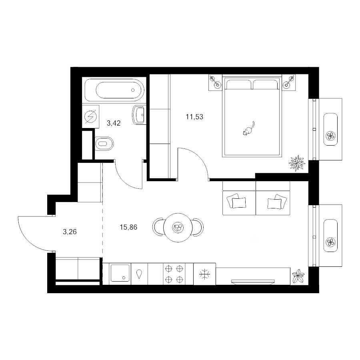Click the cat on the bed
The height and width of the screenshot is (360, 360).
pyautogui.click(x=248, y=129)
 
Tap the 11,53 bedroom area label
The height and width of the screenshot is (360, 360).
pyautogui.click(x=194, y=117)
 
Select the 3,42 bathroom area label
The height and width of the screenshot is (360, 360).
pyautogui.click(x=114, y=123)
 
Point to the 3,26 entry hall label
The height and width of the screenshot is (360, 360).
pyautogui.click(x=70, y=232)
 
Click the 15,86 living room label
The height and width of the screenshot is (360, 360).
pyautogui.click(x=128, y=227)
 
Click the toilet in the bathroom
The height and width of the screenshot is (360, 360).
pyautogui.click(x=104, y=144)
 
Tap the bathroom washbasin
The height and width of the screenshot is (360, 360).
pyautogui.click(x=138, y=115)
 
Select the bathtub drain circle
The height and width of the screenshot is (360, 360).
pyautogui.click(x=133, y=90)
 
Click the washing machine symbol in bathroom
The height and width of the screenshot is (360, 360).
pyautogui.click(x=90, y=116)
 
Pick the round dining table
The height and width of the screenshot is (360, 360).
pyautogui.click(x=178, y=228)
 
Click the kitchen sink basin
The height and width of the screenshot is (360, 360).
pyautogui.click(x=120, y=273)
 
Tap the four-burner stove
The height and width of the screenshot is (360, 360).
pyautogui.click(x=174, y=274)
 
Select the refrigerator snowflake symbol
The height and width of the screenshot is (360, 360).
pyautogui.click(x=204, y=274)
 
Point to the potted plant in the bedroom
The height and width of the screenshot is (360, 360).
pyautogui.click(x=297, y=163)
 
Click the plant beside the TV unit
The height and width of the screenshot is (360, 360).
pyautogui.click(x=298, y=276)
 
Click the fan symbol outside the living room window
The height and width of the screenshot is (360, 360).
pyautogui.click(x=331, y=242)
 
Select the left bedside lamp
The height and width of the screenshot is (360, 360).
pyautogui.click(x=215, y=82)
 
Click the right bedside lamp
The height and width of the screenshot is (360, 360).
pyautogui.click(x=288, y=82)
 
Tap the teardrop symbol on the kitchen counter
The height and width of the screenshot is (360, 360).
pyautogui.click(x=139, y=274)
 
